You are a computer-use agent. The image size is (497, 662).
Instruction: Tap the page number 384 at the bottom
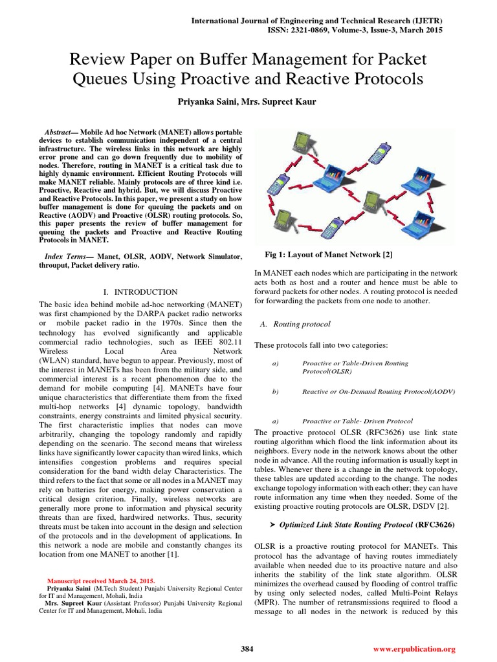247,648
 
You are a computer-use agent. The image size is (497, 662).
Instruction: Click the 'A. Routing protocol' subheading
294,323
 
